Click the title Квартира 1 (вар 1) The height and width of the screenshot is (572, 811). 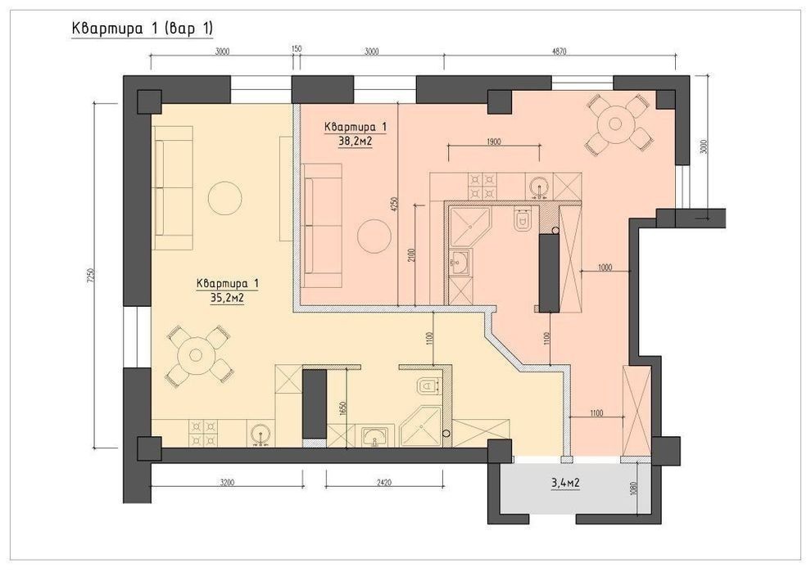(x=143, y=29)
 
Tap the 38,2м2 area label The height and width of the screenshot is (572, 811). (x=356, y=141)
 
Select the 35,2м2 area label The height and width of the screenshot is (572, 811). (x=227, y=298)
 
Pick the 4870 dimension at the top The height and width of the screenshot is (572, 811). (x=560, y=52)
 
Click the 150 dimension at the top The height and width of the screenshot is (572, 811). (x=297, y=48)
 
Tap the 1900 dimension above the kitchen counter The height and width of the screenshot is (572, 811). (x=494, y=141)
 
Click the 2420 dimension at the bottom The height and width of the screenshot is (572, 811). (x=384, y=483)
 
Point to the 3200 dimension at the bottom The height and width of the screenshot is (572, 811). (x=227, y=483)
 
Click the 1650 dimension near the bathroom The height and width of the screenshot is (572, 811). (x=342, y=408)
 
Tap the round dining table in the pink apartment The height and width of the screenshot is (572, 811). (x=615, y=124)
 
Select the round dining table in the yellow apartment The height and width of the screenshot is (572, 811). (x=196, y=355)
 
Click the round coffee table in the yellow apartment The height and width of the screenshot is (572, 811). (x=225, y=197)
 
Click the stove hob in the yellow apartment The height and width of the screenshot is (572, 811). (x=204, y=433)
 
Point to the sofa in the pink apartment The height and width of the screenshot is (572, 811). (x=322, y=226)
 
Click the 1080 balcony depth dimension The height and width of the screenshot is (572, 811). (x=635, y=486)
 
